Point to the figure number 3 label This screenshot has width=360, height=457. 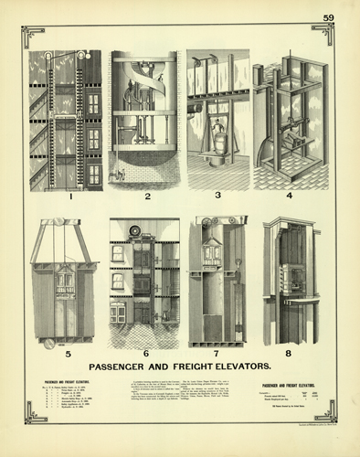pos(218,196)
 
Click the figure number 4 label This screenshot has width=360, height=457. pos(290,196)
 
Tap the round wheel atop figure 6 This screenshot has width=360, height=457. pos(136,229)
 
